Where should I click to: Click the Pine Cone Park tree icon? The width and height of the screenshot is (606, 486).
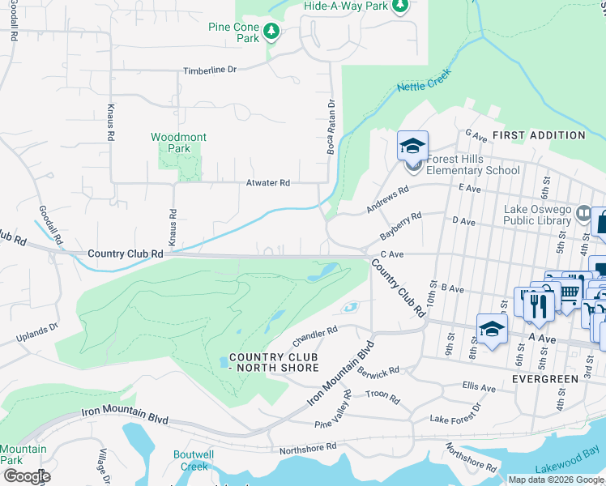pyautogui.click(x=273, y=32)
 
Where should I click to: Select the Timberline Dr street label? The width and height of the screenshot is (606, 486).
pyautogui.click(x=210, y=70)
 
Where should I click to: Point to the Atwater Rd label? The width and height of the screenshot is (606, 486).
pyautogui.click(x=267, y=183)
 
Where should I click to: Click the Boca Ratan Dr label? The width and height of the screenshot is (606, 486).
pyautogui.click(x=331, y=128)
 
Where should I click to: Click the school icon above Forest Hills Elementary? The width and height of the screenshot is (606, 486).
pyautogui.click(x=412, y=147)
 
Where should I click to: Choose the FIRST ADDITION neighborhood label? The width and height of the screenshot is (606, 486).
pyautogui.click(x=538, y=135)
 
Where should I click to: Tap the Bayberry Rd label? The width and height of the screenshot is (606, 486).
pyautogui.click(x=402, y=228)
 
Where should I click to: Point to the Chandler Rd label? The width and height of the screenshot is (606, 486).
pyautogui.click(x=314, y=334)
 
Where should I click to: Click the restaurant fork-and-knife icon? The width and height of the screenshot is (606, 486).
pyautogui.click(x=538, y=305)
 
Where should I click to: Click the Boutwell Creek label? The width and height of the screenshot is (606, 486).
pyautogui.click(x=194, y=460)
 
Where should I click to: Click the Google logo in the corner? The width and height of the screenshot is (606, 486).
pyautogui.click(x=26, y=476)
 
